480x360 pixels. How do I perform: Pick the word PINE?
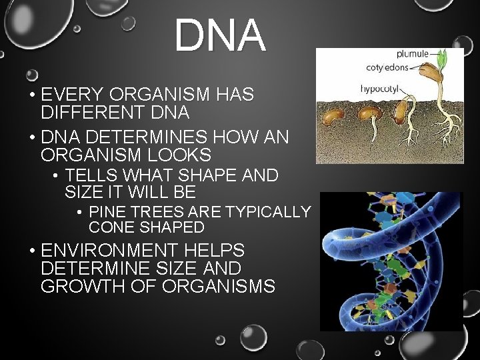pos(107,212)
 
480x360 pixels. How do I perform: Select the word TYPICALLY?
pos(268,212)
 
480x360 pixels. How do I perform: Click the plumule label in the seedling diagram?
pos(413,54)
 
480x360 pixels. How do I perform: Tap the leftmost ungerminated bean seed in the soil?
pos(333,116)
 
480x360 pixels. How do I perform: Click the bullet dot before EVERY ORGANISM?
pos(32,95)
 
